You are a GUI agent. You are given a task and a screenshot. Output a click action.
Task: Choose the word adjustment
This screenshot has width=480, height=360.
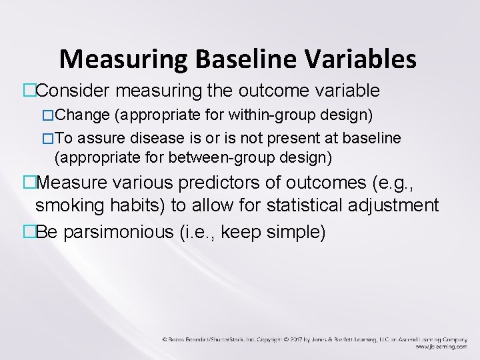396,207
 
